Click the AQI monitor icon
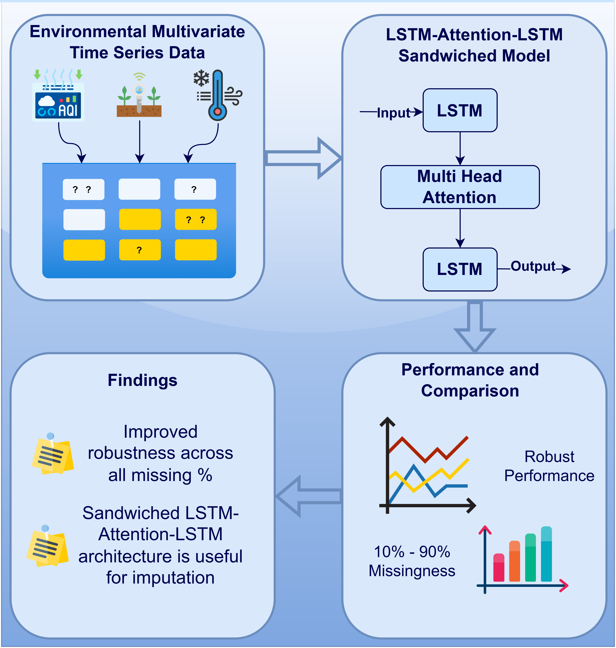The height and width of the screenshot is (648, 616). (x=58, y=102)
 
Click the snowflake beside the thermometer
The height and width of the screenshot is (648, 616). (x=201, y=78)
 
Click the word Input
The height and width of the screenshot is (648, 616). (x=393, y=113)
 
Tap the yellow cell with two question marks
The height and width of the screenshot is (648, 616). (x=196, y=219)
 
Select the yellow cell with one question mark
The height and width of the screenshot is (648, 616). (x=140, y=250)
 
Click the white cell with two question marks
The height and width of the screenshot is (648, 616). (x=83, y=190)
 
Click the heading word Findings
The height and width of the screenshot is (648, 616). (x=142, y=380)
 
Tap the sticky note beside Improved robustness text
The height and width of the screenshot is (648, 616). (x=52, y=455)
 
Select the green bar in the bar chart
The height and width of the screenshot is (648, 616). (x=530, y=558)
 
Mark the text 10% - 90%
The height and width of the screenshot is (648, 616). (x=412, y=552)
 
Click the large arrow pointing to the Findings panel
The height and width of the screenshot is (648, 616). (x=309, y=496)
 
